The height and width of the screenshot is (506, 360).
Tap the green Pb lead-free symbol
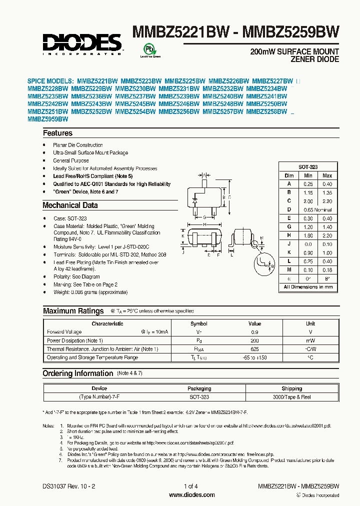(x=149, y=49)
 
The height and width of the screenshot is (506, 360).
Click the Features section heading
(x=57, y=133)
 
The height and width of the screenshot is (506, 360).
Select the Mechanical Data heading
(x=70, y=205)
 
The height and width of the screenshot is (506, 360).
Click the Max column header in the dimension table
(x=327, y=175)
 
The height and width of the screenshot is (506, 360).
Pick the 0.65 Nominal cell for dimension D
(x=317, y=210)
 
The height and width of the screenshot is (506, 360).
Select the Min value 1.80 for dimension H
(x=308, y=235)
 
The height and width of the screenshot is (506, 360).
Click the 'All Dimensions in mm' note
(x=308, y=287)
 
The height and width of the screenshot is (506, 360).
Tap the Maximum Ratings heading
(x=73, y=311)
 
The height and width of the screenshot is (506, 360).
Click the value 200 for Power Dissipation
(x=254, y=340)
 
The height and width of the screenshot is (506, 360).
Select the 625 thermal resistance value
(x=254, y=349)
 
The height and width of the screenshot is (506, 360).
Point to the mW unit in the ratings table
(x=310, y=340)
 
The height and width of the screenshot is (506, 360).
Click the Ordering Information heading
(x=77, y=373)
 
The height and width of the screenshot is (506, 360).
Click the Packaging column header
(x=199, y=388)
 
